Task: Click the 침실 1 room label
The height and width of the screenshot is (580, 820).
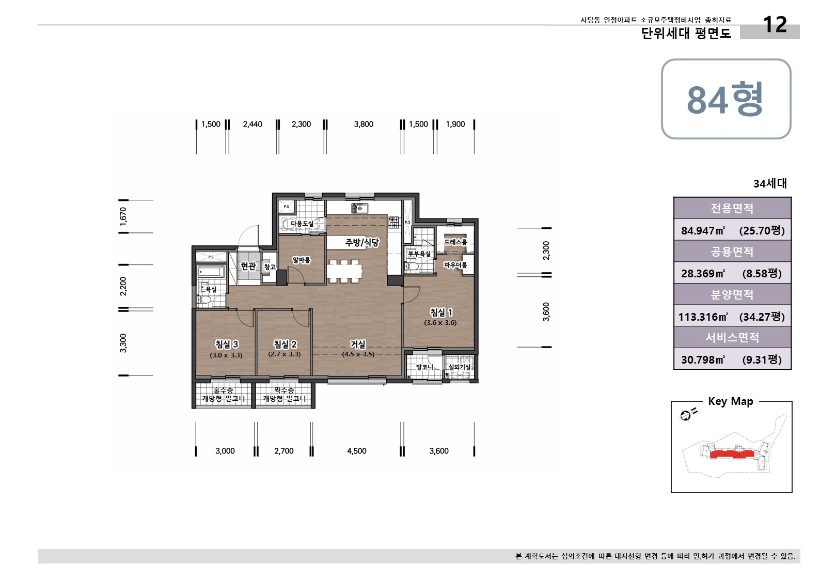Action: click(441, 312)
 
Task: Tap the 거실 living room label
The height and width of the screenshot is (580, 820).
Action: click(358, 344)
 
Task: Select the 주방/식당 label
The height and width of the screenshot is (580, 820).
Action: click(362, 242)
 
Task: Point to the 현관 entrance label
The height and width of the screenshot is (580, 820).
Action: click(248, 266)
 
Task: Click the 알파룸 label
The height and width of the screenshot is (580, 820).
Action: click(301, 260)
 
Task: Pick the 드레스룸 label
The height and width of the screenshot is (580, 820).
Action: click(455, 242)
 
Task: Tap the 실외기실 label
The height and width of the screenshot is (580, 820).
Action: click(459, 367)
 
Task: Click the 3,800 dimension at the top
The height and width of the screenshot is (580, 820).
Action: click(364, 124)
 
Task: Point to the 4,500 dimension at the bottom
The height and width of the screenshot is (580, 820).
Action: click(356, 451)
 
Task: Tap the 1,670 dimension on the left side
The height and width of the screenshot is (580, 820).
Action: click(123, 216)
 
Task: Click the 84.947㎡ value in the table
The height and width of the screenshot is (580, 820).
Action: click(702, 230)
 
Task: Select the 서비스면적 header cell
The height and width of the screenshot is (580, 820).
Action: click(732, 337)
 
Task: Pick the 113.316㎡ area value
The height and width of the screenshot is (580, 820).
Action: click(702, 317)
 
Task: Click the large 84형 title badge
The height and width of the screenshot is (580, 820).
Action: click(726, 99)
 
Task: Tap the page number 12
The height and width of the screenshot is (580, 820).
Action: click(774, 24)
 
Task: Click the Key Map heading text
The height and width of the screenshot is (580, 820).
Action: click(730, 401)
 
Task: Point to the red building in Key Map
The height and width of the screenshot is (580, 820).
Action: click(731, 454)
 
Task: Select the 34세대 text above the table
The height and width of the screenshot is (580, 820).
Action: click(769, 183)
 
